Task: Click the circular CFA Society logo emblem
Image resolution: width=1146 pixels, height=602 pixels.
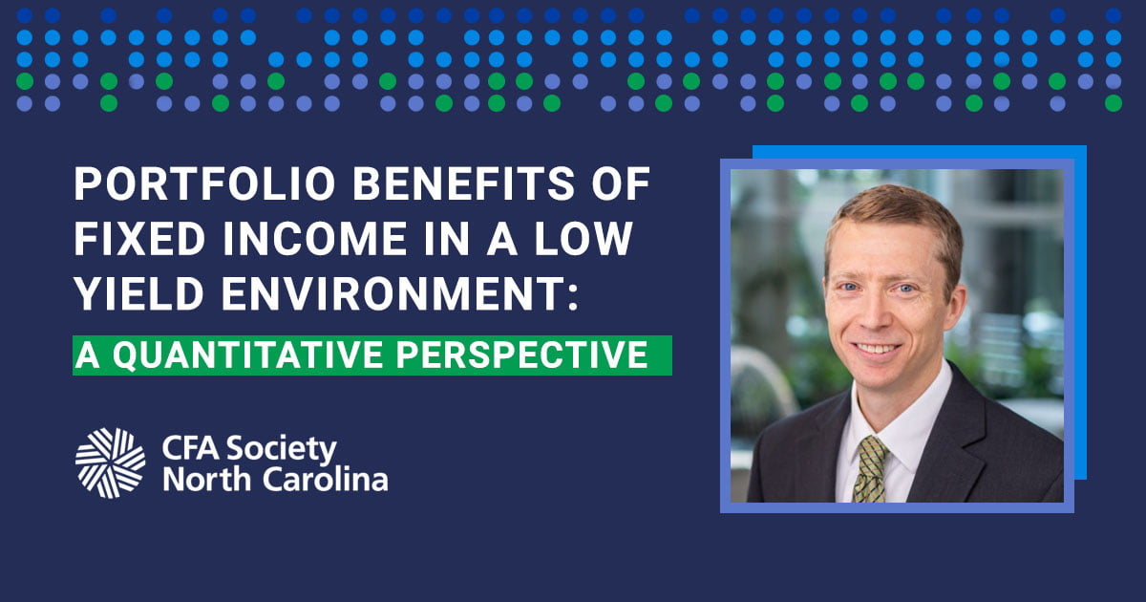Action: (111, 462)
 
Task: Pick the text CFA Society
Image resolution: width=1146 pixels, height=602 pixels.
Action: (250, 447)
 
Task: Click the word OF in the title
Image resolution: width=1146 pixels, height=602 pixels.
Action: (624, 184)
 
